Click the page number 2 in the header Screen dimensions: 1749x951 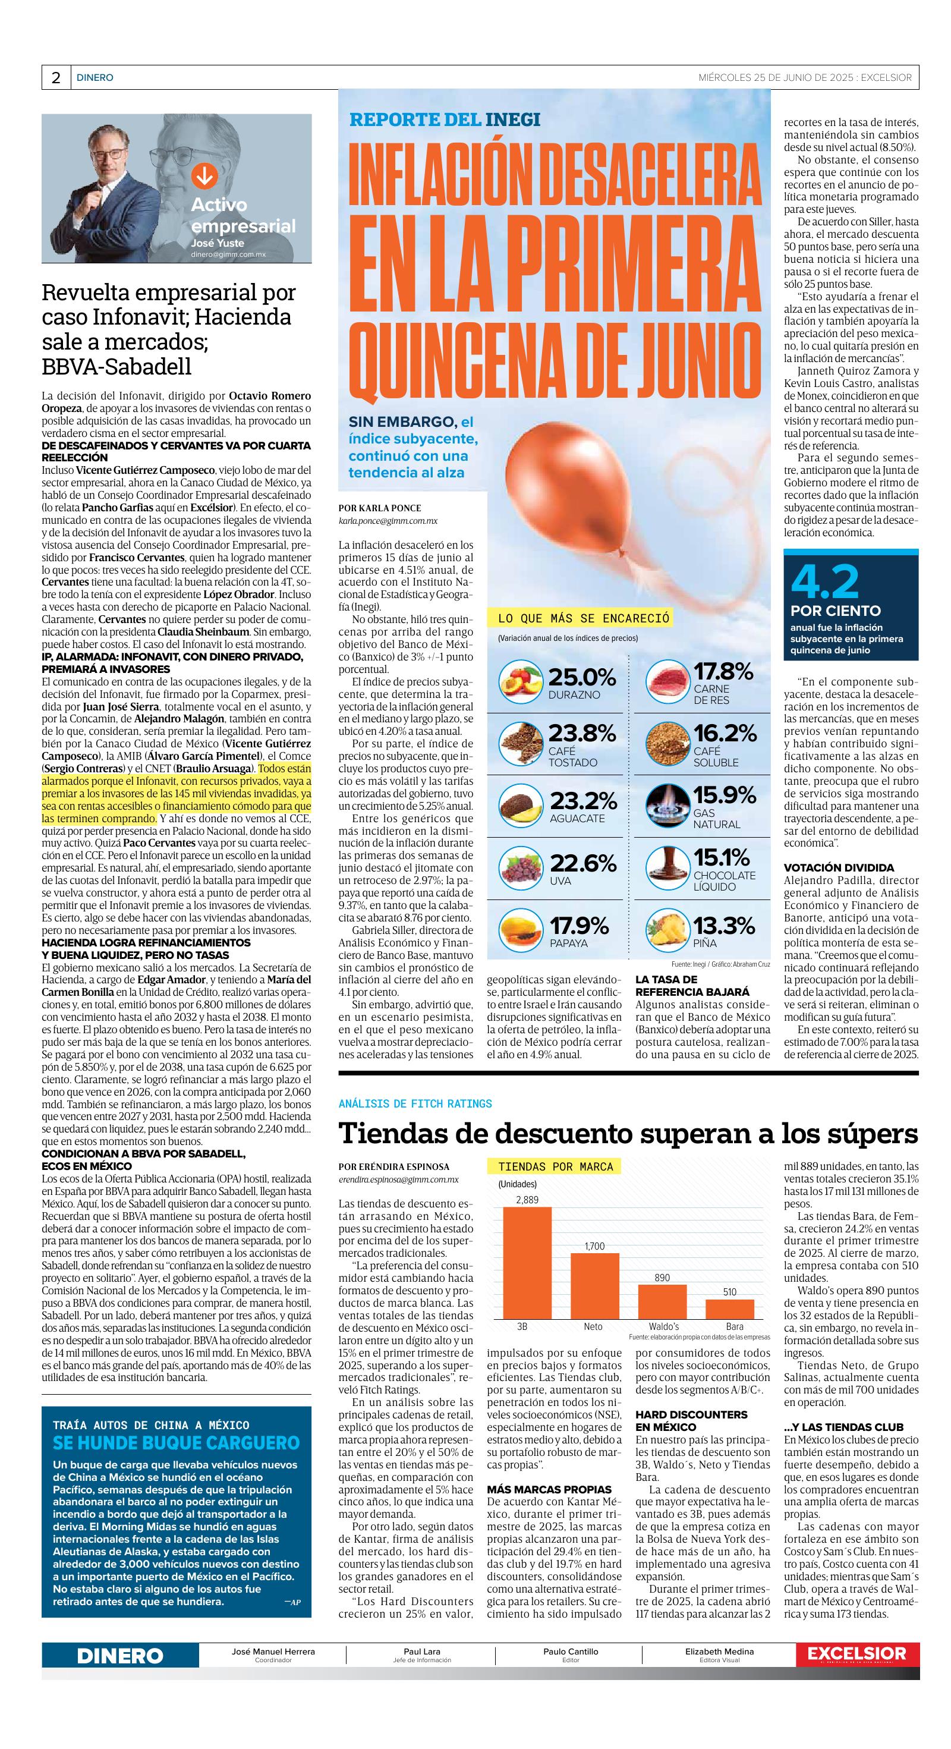[56, 77]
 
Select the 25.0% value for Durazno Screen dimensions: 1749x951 [582, 677]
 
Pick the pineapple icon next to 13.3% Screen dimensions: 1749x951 [666, 931]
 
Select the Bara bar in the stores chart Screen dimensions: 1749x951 [730, 1308]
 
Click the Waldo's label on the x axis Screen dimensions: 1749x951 [663, 1326]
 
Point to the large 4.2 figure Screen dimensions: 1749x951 [825, 582]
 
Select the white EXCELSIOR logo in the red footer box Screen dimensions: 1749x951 [856, 1653]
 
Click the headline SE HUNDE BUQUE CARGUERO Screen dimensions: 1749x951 [176, 1442]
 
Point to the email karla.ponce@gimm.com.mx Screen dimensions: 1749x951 [388, 520]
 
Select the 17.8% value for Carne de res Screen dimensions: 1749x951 [723, 672]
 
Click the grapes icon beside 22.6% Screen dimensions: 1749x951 [521, 869]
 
